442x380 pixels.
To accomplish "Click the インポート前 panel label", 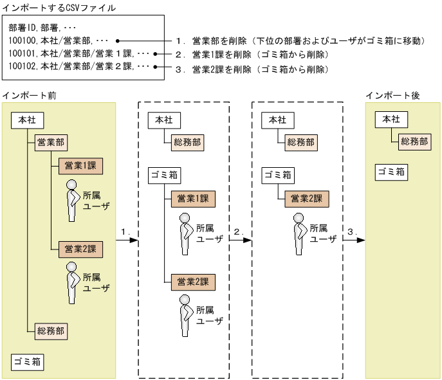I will [29, 95].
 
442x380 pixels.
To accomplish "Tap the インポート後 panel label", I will [392, 95].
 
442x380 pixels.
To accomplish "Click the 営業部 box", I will [51, 143].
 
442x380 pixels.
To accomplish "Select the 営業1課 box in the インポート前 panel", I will [80, 166].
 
